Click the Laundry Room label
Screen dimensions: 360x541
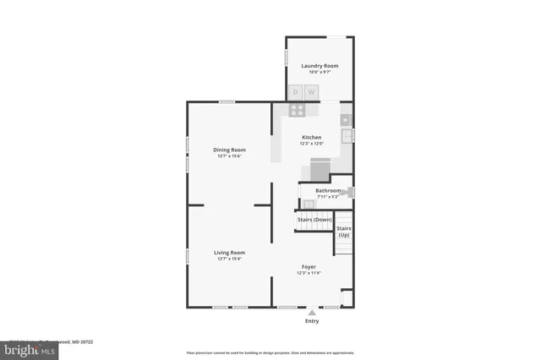click(319, 65)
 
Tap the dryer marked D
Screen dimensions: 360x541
click(297, 92)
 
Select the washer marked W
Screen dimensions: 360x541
click(311, 92)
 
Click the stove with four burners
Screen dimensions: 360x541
click(298, 109)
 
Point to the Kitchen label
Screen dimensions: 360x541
click(312, 137)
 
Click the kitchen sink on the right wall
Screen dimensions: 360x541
click(347, 135)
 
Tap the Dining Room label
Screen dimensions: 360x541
click(229, 150)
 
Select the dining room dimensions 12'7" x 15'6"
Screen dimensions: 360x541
click(229, 156)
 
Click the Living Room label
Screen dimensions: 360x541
click(229, 252)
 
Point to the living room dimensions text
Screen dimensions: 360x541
click(229, 259)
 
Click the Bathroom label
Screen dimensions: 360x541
click(328, 190)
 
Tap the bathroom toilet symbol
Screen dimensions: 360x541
click(349, 192)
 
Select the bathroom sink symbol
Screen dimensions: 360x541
click(308, 204)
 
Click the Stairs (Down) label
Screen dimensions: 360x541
click(314, 219)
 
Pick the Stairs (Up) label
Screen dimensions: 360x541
click(344, 231)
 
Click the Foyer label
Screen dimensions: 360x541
click(309, 266)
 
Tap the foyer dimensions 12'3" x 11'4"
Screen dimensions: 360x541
click(309, 273)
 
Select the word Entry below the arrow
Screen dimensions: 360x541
click(312, 322)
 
